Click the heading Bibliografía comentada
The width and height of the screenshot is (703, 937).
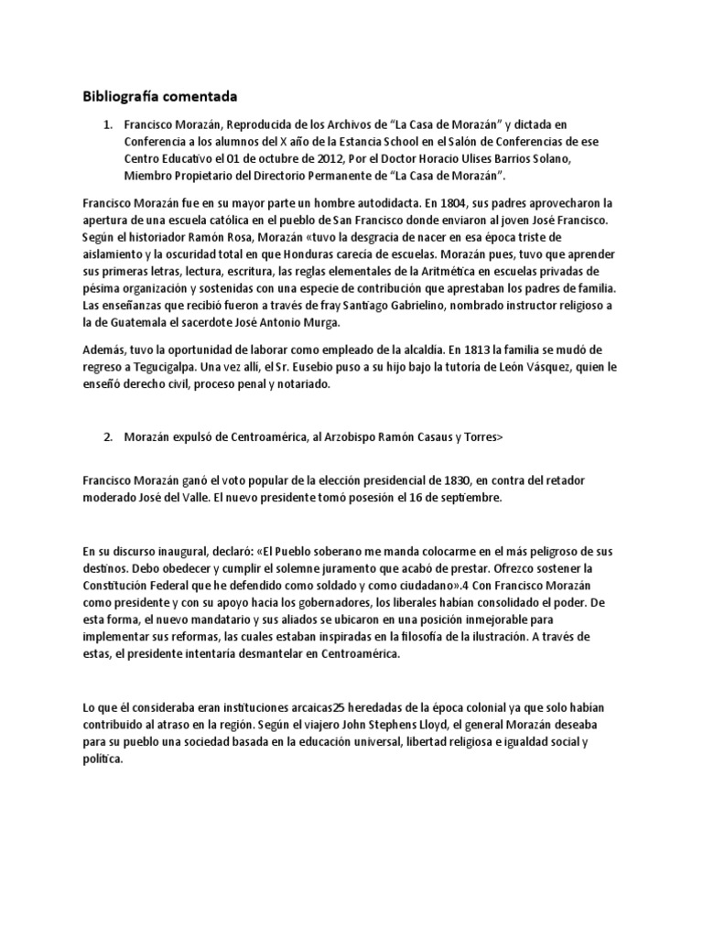[x=159, y=95]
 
